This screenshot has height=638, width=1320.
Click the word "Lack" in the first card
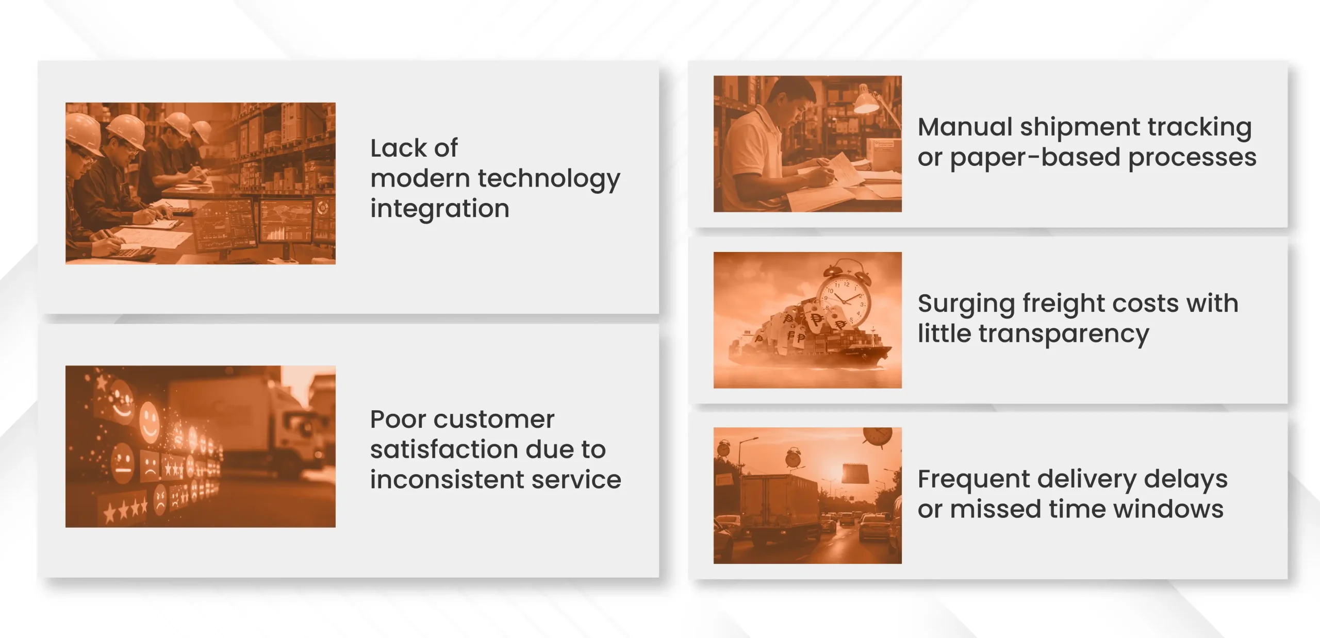(399, 148)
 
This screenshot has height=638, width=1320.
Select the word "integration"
(440, 208)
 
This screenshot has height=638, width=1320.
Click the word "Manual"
(965, 127)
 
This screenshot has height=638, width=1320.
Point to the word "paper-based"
(1035, 157)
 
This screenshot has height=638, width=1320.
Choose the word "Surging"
(966, 304)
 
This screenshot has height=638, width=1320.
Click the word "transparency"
(1064, 334)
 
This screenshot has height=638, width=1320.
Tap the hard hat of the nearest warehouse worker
(82, 133)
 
